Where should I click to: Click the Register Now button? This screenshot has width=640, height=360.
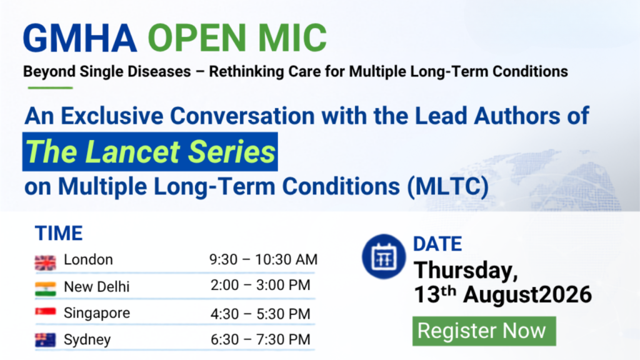[x=484, y=331]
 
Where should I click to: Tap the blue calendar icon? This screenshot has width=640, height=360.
[x=384, y=257]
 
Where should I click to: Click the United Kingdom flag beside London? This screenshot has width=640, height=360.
[x=45, y=263]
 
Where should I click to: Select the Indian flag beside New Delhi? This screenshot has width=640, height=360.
[x=45, y=289]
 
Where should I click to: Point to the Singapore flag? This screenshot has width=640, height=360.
[x=45, y=312]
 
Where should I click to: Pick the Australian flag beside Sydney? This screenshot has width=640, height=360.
[x=45, y=340]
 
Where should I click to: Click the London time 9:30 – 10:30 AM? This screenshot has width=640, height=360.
[x=263, y=259]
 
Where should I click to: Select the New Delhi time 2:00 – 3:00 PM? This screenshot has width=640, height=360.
[x=261, y=285]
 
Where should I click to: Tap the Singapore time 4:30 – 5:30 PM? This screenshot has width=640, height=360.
[x=261, y=314]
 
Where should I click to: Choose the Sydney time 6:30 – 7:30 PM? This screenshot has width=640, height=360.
[x=261, y=339]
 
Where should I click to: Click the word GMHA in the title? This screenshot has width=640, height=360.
[x=80, y=38]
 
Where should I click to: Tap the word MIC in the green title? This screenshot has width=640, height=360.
[x=292, y=38]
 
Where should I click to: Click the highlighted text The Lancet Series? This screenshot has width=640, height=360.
[x=150, y=151]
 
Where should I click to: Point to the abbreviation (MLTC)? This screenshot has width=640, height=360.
[x=447, y=187]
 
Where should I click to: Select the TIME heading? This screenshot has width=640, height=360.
[x=59, y=234]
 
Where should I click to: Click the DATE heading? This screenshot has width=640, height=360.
[x=437, y=244]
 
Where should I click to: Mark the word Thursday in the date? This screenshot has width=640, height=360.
[x=466, y=271]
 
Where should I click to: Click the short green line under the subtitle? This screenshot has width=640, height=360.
[x=50, y=87]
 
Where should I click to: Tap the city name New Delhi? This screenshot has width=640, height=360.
[x=97, y=287]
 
